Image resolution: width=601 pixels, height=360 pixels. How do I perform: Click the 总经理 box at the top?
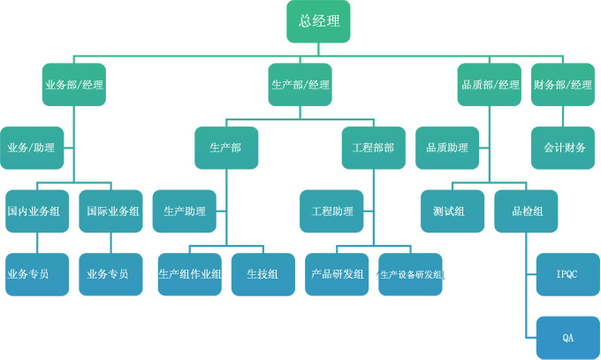318,21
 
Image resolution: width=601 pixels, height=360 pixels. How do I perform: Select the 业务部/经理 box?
74,85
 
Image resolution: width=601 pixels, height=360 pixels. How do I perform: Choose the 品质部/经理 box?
491,85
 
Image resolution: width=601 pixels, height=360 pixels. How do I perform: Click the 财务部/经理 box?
563,85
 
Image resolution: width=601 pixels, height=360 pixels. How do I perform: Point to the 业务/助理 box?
32,148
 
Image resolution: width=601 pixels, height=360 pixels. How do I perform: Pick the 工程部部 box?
373,148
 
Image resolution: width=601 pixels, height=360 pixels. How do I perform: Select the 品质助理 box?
447,148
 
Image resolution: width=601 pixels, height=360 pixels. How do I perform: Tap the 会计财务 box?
563,148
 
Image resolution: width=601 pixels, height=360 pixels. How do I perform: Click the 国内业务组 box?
38,211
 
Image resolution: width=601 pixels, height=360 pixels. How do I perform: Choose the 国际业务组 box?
111,211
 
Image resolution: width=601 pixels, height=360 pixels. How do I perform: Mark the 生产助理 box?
185,211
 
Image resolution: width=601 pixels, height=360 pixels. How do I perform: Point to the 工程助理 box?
332,211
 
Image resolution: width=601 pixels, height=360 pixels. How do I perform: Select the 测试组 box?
452,211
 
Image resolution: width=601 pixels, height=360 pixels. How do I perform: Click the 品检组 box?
527,211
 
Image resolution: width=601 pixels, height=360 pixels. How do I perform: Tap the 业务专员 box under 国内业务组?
38,274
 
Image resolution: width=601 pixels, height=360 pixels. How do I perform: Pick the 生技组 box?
263,274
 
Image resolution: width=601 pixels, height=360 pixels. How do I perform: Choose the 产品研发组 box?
338,274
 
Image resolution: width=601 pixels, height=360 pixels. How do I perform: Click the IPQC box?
567,274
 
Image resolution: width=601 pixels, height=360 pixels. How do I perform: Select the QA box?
567,338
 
